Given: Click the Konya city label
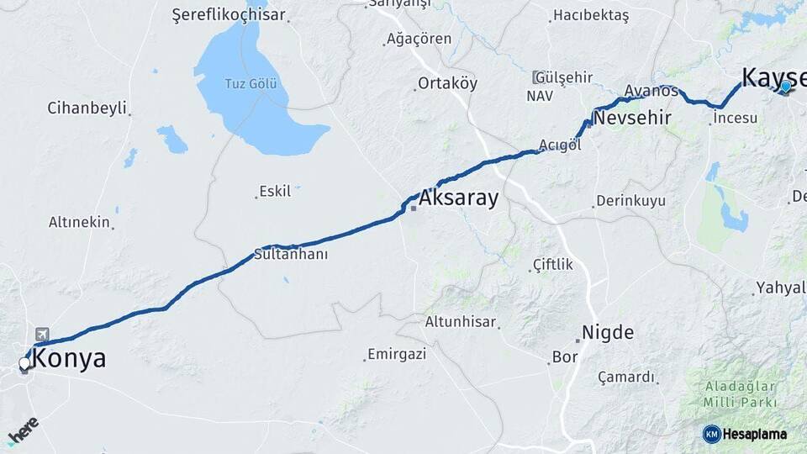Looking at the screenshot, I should pos(70,359).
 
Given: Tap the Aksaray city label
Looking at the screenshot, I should pos(458,199).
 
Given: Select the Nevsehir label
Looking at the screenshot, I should pos(632,119).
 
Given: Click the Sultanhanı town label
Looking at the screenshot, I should pos(290,254).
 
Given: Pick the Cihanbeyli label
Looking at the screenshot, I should pos(87,108).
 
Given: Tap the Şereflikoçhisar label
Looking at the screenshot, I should pos(229,15).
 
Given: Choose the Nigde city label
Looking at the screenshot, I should pos(608,332).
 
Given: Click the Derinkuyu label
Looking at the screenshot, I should pos(630,201).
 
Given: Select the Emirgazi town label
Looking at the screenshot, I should pos(397,354).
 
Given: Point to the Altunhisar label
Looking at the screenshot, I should pos(462,322).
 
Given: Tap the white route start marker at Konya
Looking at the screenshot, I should pos(24,364).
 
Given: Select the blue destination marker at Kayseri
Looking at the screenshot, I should pos(785,86).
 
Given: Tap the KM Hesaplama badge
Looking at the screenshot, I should pos(746,434).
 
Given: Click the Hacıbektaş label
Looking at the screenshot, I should pos(590,16).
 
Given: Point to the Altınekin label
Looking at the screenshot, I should pos(79,222).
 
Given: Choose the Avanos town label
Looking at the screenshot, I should pos(651,90).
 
